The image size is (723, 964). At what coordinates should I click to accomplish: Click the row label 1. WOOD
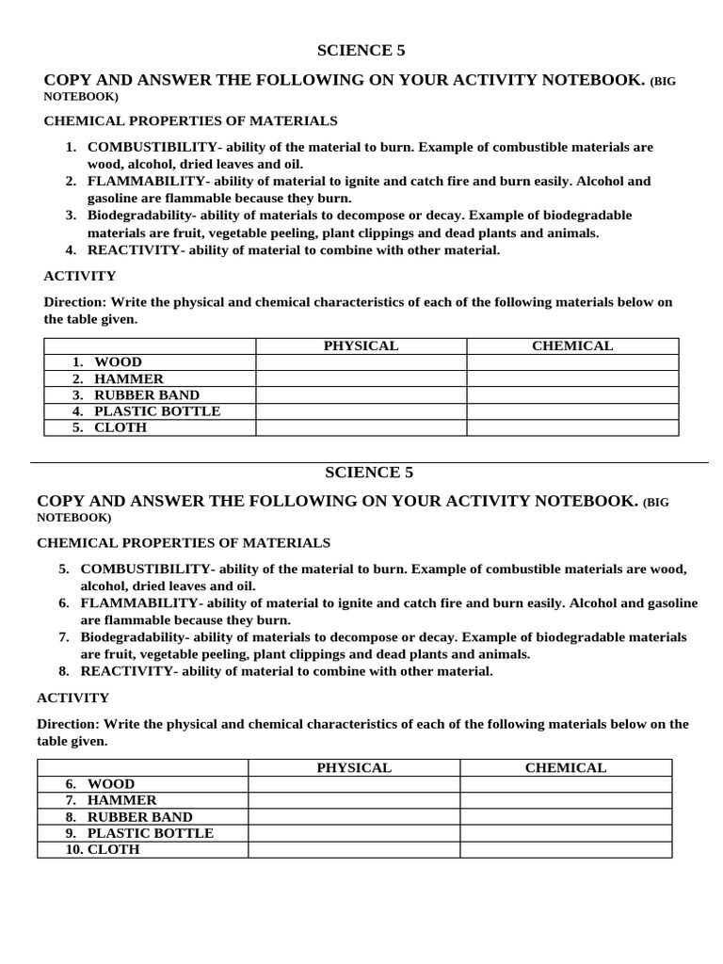(106, 362)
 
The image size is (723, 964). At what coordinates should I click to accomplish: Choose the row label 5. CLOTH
(109, 427)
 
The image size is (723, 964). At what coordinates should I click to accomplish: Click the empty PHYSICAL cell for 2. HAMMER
(361, 378)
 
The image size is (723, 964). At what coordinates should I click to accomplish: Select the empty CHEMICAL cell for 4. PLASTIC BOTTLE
(571, 411)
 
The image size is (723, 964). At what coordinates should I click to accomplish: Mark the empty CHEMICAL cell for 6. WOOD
(565, 784)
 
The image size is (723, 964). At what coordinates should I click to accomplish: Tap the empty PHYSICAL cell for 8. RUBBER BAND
(354, 817)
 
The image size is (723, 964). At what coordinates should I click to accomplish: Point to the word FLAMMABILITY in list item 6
(139, 603)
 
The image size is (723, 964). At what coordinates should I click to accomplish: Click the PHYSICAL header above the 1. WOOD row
(361, 346)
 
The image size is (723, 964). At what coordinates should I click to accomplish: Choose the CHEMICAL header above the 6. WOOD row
(565, 768)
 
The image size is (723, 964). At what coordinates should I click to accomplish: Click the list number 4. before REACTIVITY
(71, 250)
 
